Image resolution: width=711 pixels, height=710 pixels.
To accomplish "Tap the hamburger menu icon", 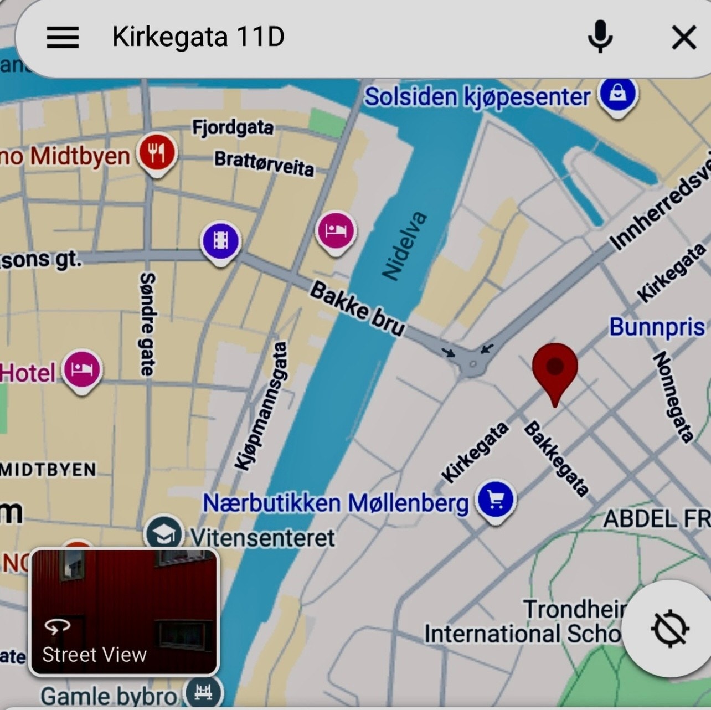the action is (63, 37).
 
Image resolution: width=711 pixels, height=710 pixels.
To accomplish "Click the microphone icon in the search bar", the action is (600, 37).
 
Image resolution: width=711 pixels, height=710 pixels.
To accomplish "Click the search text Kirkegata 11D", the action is (198, 37).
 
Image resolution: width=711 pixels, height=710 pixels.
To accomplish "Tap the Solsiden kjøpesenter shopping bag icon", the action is (619, 95).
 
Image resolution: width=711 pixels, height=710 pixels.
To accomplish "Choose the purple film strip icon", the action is (220, 241).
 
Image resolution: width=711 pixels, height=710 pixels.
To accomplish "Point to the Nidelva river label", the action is (405, 245).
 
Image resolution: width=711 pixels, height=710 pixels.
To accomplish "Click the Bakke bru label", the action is (358, 308).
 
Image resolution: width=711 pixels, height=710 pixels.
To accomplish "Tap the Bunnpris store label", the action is (657, 327).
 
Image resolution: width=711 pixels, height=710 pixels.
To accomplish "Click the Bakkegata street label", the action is (555, 459).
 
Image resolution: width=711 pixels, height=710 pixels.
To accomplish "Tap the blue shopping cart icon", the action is (496, 499).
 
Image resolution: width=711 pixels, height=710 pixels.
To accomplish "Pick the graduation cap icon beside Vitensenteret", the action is (163, 533).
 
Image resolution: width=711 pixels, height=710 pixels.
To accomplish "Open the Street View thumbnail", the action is (124, 612).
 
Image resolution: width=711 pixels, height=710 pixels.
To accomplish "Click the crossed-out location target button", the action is (669, 629).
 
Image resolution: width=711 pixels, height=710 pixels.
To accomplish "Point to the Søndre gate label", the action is (147, 324).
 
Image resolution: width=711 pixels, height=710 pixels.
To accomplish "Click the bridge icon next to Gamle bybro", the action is (203, 692).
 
